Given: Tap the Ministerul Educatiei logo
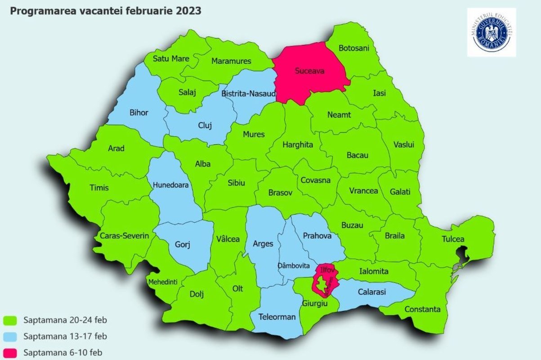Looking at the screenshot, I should [492, 32].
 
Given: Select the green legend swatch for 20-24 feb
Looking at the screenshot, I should [10, 320].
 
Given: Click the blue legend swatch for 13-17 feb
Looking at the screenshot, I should [10, 336].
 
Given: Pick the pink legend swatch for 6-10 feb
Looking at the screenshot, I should [10, 352].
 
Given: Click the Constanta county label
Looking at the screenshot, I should [423, 309].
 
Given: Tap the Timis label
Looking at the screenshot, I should [99, 188].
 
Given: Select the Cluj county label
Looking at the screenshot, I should [205, 126].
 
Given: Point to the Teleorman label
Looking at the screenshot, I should [277, 317].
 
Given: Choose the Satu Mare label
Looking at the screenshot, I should [171, 58].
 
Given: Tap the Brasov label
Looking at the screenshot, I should [280, 192].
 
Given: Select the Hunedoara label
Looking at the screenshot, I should [170, 184].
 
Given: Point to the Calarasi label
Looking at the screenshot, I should [372, 292].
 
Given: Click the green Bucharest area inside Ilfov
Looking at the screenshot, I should [322, 284].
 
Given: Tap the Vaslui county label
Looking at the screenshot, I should [403, 144].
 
